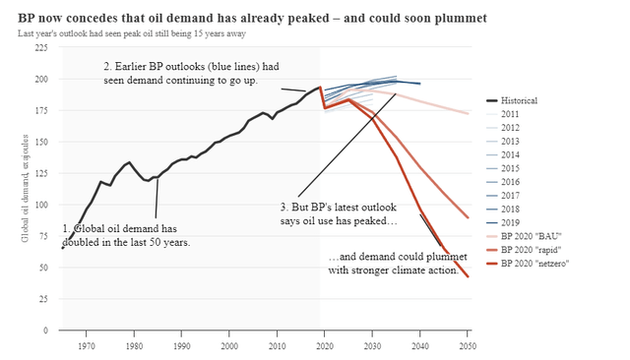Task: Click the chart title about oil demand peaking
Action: pos(252,19)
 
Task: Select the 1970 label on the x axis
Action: pos(87,345)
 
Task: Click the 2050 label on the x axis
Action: pos(468,345)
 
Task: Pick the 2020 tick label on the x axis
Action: pos(325,345)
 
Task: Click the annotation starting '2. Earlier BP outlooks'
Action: pos(192,73)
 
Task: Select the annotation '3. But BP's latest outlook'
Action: pos(338,214)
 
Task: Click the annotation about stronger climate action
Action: pos(393,265)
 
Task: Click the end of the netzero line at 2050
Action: pos(468,277)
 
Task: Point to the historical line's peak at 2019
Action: pos(319,88)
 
